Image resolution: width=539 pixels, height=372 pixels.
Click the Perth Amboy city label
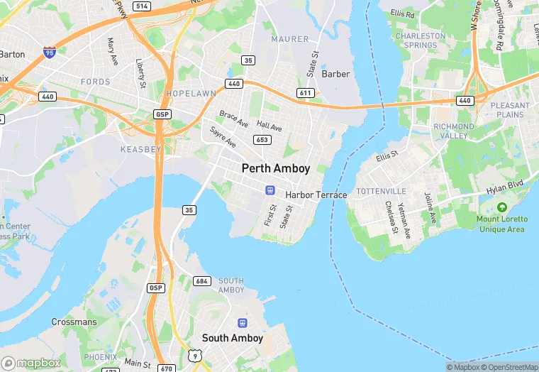(x=276, y=168)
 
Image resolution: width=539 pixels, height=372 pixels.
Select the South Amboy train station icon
(x=243, y=323)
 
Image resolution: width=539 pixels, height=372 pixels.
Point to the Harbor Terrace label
(x=316, y=195)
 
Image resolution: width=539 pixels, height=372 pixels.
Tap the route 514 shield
(x=143, y=6)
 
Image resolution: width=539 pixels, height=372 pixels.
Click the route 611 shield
(x=306, y=93)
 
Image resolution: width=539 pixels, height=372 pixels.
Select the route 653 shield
(x=262, y=140)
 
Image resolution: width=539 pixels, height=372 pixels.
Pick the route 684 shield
(x=202, y=281)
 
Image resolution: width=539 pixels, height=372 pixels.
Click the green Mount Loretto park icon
(x=502, y=207)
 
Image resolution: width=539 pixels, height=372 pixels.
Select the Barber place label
(x=335, y=74)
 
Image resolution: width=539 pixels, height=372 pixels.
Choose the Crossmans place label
(x=74, y=322)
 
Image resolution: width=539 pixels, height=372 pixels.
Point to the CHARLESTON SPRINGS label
(x=421, y=40)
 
